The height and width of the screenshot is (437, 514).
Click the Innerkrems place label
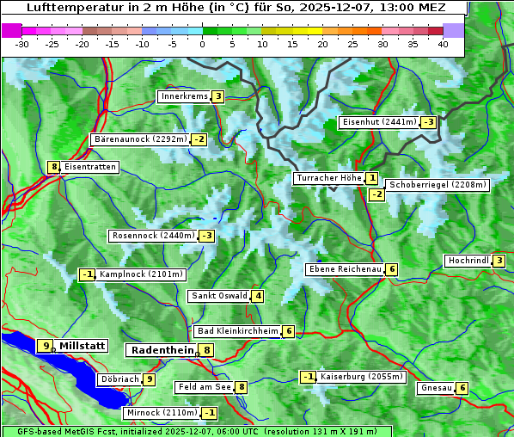point(184,96)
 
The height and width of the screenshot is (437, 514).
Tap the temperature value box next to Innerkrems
point(217,96)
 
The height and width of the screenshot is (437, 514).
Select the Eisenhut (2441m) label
point(379,122)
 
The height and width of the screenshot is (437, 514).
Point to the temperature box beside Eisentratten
point(53,167)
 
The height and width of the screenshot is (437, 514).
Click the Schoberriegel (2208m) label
point(438,184)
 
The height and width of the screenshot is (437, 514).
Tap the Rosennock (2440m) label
point(153,236)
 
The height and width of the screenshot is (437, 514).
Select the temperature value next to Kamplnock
point(87,274)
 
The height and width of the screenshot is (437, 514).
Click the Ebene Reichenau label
point(345,269)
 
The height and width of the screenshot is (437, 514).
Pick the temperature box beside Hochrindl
point(499,261)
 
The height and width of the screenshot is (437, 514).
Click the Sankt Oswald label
point(218,296)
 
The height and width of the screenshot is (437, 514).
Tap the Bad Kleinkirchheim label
point(238,331)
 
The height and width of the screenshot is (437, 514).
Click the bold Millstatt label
point(82,346)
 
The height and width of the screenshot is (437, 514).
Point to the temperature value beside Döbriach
point(149,379)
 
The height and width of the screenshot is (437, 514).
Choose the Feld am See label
point(204,387)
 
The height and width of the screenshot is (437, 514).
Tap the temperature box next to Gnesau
point(462,388)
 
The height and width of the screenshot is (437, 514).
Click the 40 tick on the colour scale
point(443,43)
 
